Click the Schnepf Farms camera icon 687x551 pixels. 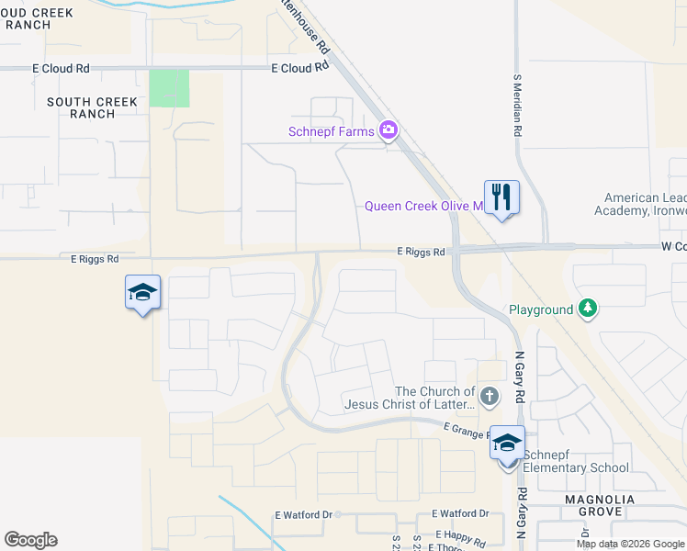[x=389, y=130]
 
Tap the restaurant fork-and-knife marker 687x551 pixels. [x=501, y=197]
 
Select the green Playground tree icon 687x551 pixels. [x=588, y=309]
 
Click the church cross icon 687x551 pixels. [x=490, y=397]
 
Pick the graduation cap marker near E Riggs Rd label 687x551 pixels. [x=142, y=293]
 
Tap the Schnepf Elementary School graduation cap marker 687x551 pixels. [x=507, y=444]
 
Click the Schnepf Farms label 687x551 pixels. [x=332, y=131]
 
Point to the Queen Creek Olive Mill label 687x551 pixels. [x=423, y=206]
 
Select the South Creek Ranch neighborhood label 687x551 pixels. [x=94, y=107]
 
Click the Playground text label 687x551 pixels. [x=539, y=309]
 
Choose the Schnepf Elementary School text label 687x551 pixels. [x=578, y=467]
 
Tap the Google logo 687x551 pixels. [x=30, y=540]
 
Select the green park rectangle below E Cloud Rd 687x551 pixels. [x=169, y=88]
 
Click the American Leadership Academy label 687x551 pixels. [x=645, y=204]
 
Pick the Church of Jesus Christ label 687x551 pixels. [x=410, y=398]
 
